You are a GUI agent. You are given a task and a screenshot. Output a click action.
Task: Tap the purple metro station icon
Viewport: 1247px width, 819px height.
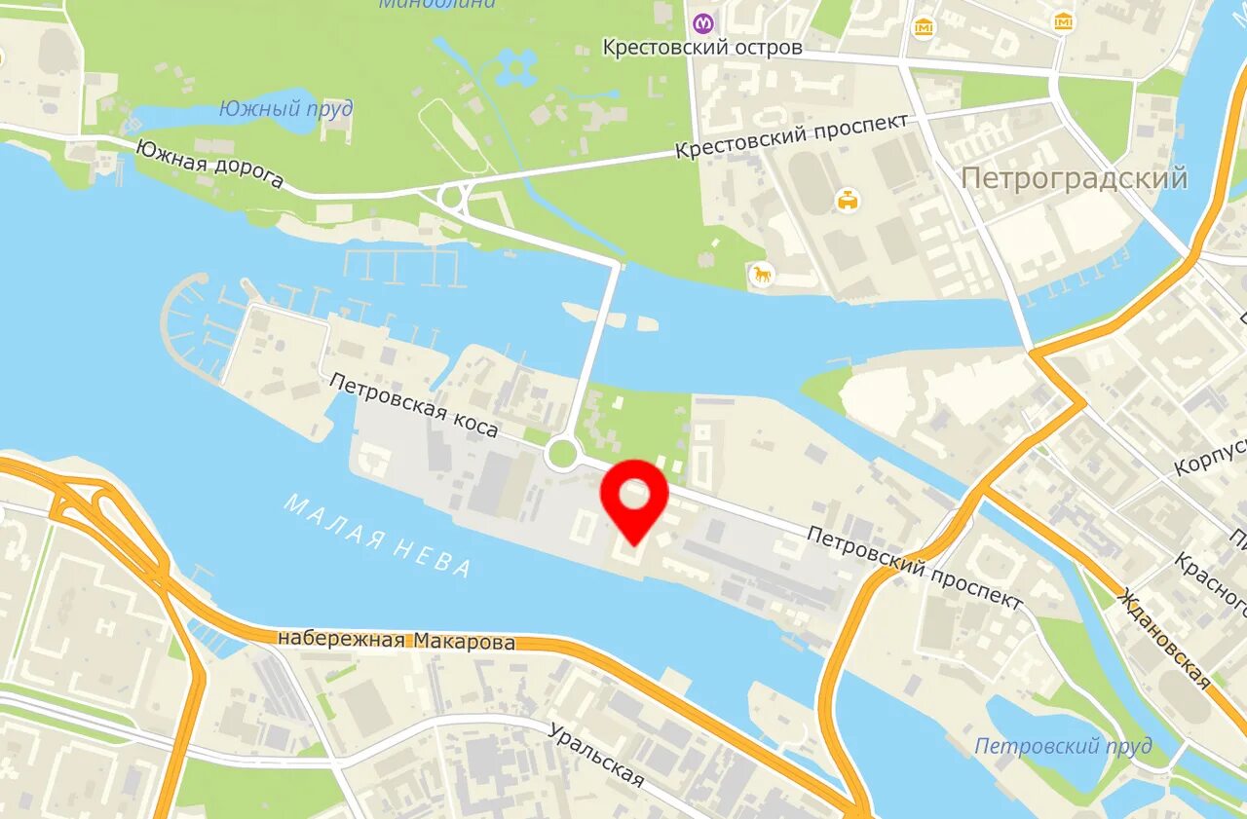tap(703, 22)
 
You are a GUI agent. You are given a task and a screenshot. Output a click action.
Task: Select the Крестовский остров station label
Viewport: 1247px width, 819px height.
tap(701, 47)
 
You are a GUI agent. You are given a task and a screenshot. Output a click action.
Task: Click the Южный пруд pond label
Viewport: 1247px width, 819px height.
tap(285, 108)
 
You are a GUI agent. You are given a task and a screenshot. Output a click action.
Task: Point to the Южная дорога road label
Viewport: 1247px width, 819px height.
tap(209, 164)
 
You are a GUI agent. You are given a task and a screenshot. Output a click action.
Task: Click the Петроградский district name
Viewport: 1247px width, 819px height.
tap(1074, 178)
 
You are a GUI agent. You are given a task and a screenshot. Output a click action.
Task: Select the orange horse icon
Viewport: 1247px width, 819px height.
tap(762, 275)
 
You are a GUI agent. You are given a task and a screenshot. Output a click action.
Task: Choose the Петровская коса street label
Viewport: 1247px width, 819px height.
tap(413, 405)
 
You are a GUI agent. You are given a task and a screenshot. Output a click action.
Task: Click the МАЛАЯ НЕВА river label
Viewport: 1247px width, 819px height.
tap(378, 535)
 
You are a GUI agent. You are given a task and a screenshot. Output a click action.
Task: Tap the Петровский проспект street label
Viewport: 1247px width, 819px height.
tap(915, 567)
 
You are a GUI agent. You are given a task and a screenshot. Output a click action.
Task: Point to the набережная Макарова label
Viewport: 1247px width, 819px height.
tap(397, 641)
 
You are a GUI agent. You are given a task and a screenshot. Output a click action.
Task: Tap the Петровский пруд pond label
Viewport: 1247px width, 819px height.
tap(1063, 746)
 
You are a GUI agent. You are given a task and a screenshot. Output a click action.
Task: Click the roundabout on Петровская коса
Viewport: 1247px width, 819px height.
tap(562, 454)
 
